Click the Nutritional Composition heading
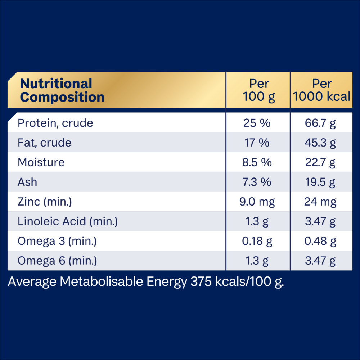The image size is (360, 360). pos(62,90)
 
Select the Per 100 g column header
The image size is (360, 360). pos(259,90)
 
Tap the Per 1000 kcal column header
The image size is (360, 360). pos(321,90)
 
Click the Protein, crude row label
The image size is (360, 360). pos(55,123)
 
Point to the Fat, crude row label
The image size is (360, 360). pos(45,143)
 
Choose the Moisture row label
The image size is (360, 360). pos(41,162)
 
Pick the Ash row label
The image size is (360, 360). pos(27,182)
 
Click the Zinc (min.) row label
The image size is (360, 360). pos(45,202)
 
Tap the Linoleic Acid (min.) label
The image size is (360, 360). pos(68,221)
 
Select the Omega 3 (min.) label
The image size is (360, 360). pos(57,241)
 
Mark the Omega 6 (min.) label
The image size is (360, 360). pos(57,261)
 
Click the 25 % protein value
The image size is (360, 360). pos(257,123)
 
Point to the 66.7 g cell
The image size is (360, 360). pos(320,123)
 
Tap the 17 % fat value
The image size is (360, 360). pos(257,143)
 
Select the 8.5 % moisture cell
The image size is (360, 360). pos(257,162)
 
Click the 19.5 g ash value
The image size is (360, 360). pos(320,182)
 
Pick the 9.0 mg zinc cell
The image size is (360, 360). pos(257,202)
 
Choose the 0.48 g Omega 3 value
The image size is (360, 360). pos(320,241)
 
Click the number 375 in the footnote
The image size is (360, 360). pos(201,282)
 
